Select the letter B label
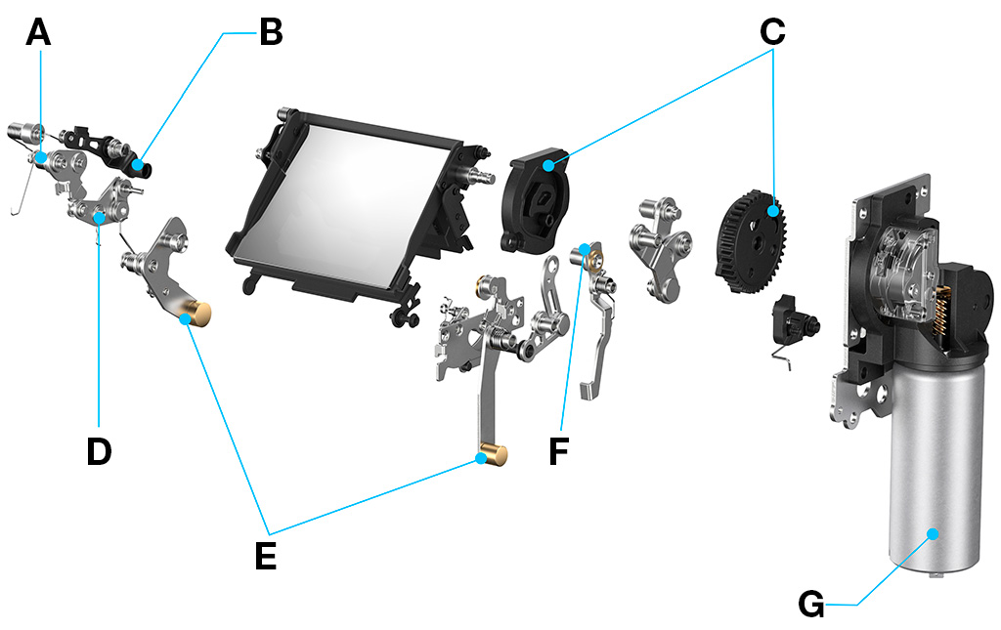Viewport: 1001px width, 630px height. tap(270, 33)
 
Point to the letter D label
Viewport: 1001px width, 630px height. tap(99, 451)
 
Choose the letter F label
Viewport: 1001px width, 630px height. tap(558, 452)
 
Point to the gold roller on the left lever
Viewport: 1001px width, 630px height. tap(199, 315)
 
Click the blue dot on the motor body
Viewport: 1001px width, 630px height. tap(933, 534)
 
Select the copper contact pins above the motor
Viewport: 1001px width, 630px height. tap(946, 303)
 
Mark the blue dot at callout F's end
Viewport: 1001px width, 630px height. tap(585, 250)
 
